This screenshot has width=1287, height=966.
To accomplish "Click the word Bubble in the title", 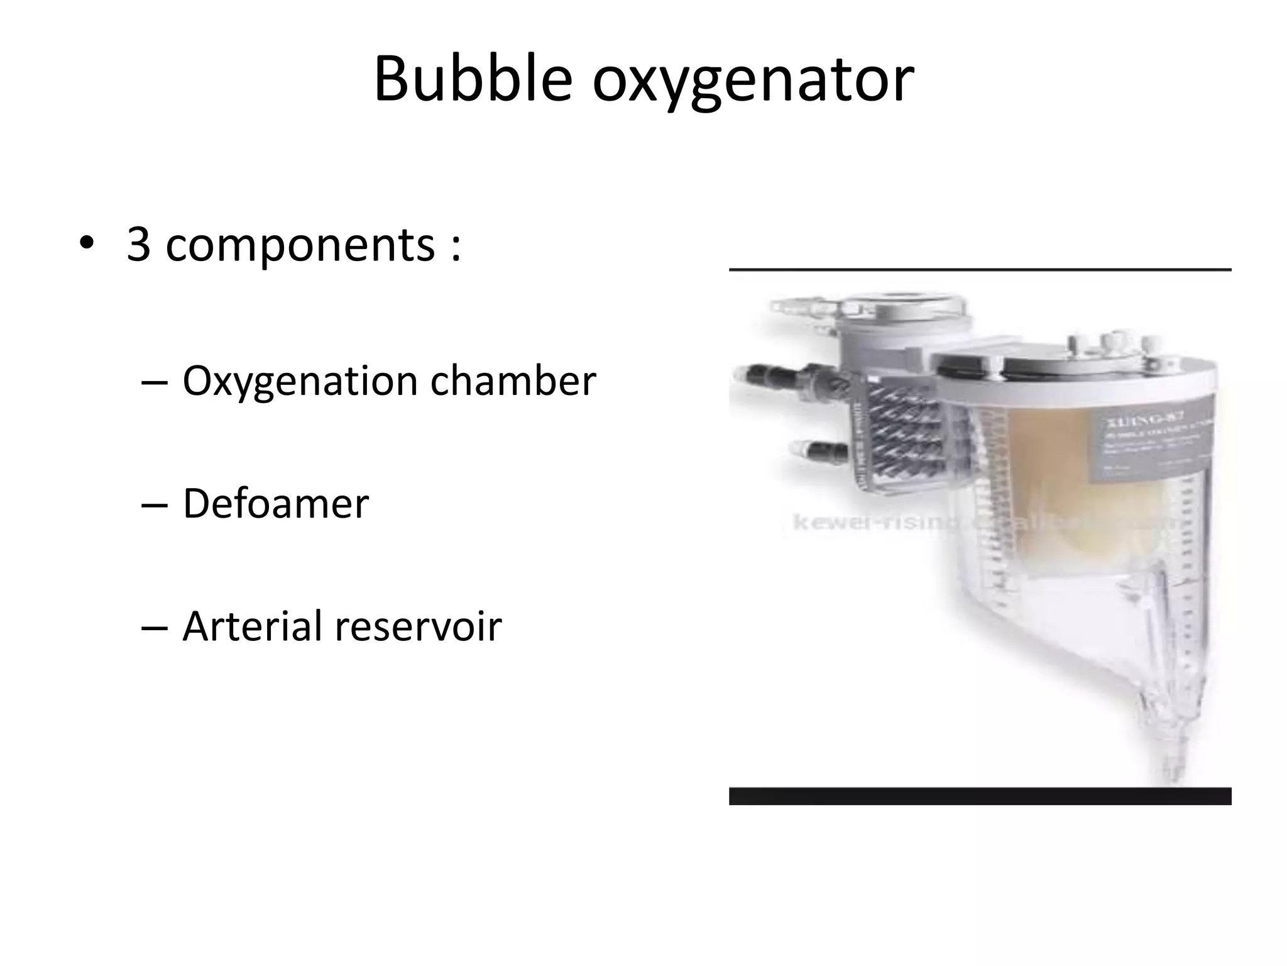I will pyautogui.click(x=473, y=80).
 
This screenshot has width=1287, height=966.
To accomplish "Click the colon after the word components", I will pyautogui.click(x=456, y=247).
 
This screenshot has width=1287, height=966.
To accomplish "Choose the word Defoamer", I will pyautogui.click(x=275, y=504).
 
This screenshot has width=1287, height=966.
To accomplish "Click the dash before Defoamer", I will pyautogui.click(x=155, y=505).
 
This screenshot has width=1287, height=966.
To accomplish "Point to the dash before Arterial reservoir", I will pyautogui.click(x=155, y=628).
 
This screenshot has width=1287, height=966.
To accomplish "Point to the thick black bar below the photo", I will pyautogui.click(x=980, y=796).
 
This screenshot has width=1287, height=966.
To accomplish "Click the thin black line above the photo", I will pyautogui.click(x=980, y=269).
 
